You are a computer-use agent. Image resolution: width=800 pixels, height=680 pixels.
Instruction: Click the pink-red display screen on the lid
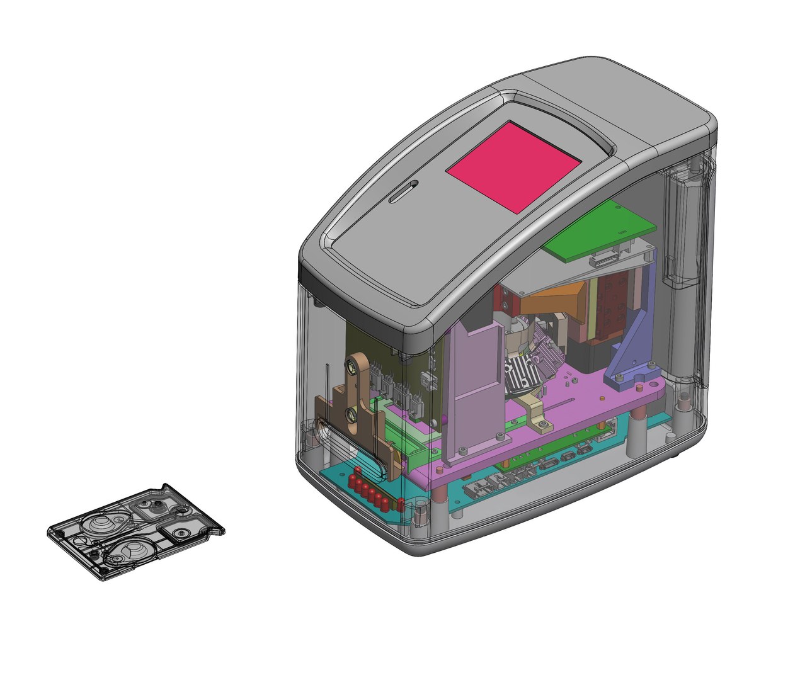point(513,166)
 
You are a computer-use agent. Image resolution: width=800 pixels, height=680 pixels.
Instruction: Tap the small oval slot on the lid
point(403,191)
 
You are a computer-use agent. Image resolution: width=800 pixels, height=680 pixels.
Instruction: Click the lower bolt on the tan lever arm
point(351,414)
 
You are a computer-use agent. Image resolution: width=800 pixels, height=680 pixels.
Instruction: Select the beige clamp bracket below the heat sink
point(535,416)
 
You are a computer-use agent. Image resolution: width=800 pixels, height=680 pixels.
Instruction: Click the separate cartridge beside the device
point(135,532)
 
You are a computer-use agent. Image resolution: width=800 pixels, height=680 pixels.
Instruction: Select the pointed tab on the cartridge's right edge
point(217,531)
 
